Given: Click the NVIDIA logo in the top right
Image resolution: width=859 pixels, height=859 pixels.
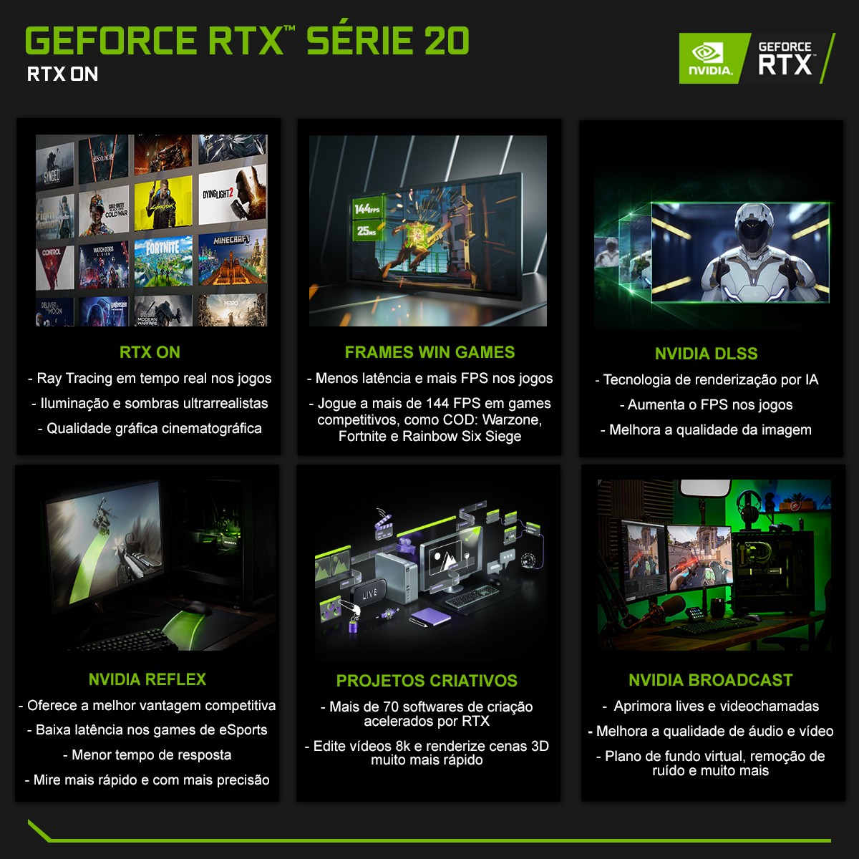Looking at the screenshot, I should [711, 58].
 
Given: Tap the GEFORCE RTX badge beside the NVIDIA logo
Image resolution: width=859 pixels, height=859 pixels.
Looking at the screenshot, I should [785, 59].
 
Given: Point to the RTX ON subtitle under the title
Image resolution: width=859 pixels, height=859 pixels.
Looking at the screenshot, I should [62, 74].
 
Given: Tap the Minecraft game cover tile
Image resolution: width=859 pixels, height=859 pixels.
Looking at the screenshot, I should [231, 258].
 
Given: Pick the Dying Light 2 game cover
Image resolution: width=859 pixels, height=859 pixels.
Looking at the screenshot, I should [231, 197].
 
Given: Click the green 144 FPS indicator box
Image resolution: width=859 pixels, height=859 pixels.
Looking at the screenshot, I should [366, 208].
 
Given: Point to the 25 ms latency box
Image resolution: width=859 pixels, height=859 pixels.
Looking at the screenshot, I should [366, 230].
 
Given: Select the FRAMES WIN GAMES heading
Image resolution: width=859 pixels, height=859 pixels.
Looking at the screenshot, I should [429, 352].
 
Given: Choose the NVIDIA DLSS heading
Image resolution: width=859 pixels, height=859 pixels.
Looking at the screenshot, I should [706, 354].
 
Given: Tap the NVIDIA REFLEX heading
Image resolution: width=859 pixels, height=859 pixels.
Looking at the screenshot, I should [147, 679].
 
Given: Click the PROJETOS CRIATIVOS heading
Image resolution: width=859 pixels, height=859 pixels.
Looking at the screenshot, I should [427, 681].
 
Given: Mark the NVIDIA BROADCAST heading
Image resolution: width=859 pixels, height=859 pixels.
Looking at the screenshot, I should [711, 680].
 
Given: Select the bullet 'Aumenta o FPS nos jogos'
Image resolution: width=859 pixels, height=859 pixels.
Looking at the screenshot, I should [706, 405].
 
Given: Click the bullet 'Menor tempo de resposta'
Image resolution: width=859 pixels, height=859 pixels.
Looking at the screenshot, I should [147, 755].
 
